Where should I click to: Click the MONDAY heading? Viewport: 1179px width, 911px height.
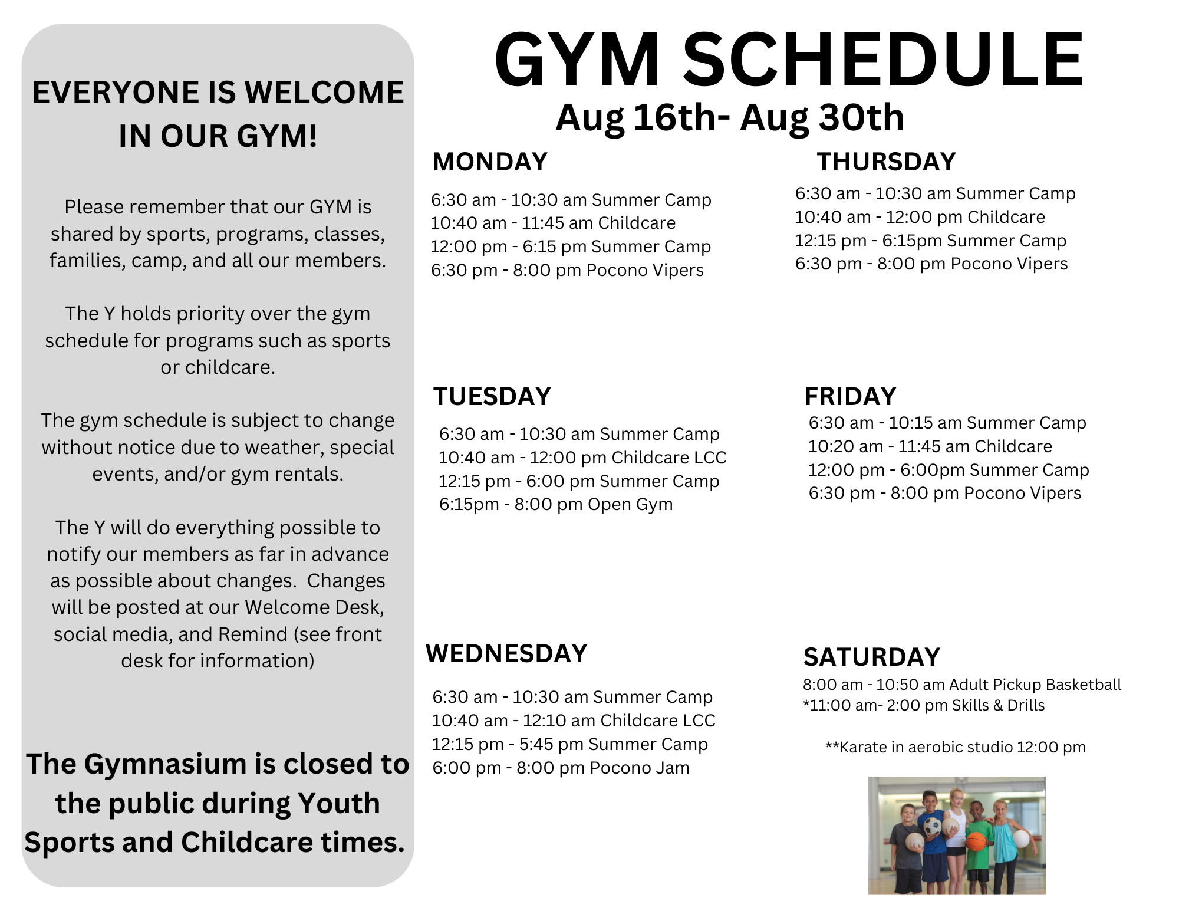click(490, 162)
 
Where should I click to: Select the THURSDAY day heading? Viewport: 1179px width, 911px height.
click(886, 162)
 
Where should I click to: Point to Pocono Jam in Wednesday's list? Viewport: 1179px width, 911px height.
click(640, 768)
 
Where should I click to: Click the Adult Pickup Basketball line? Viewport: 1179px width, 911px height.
click(962, 685)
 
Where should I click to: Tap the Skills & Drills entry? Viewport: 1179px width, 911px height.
click(924, 705)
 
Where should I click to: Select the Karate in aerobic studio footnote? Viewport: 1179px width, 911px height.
click(956, 747)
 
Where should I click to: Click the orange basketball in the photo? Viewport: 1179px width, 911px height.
click(976, 841)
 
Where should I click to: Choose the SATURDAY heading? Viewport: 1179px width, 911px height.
click(871, 657)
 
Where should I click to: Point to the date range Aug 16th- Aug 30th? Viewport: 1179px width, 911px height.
click(730, 117)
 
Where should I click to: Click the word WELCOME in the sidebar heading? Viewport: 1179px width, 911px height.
click(324, 93)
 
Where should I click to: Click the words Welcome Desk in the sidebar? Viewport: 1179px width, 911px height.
click(315, 607)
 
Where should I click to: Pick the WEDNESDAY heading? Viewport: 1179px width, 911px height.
click(506, 653)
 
